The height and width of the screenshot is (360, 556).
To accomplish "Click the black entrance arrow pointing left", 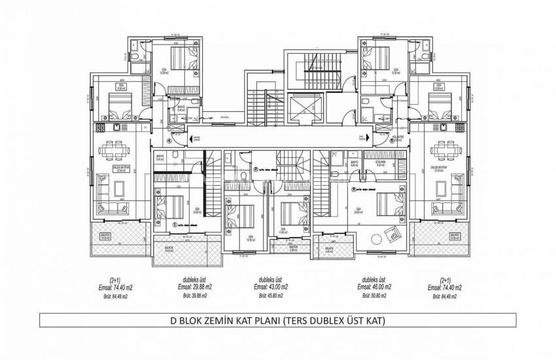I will coord(194,138).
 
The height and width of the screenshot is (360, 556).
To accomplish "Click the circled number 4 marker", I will coord(169,139).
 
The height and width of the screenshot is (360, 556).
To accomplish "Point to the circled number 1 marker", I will coord(174,223).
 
